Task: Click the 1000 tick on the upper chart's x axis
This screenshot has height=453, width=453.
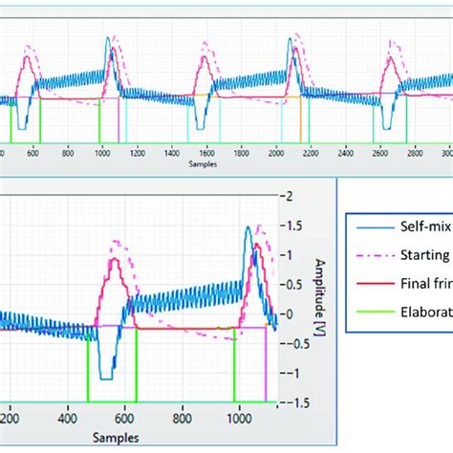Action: [101, 153]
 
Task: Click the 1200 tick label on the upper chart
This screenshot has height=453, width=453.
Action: [136, 153]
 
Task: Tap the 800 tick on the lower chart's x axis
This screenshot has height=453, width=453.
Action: [182, 418]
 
